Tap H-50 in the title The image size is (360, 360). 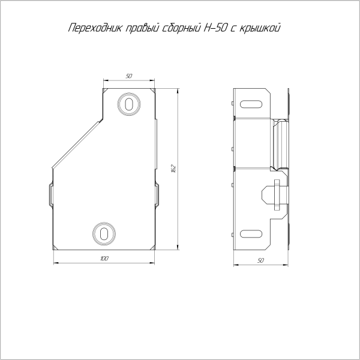click(x=216, y=28)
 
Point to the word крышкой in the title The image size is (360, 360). click(x=260, y=28)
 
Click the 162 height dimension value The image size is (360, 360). click(x=173, y=169)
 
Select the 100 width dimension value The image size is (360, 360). click(x=104, y=259)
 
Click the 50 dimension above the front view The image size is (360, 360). click(x=129, y=76)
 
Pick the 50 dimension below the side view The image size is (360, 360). click(x=260, y=260)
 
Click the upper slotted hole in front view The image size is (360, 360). click(x=129, y=104)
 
